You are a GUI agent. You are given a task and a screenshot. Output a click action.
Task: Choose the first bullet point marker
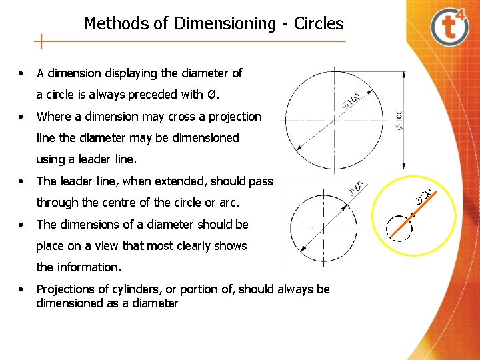(23, 73)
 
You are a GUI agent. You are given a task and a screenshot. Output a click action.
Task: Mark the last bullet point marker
(23, 289)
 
